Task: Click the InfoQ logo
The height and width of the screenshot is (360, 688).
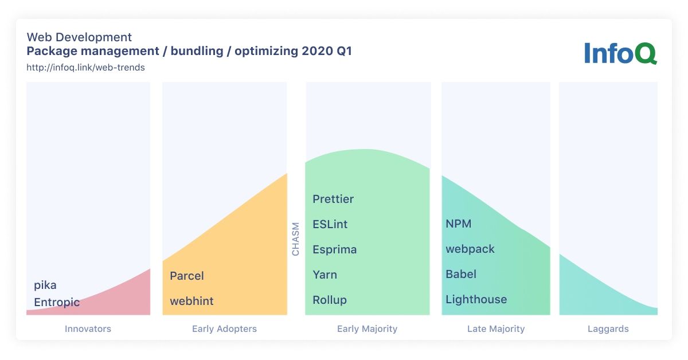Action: coord(620,53)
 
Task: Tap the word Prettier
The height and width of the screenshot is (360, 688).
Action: coord(333,199)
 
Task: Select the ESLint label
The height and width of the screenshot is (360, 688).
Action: coord(330,224)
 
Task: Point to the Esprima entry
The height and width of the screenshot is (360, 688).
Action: coord(334,249)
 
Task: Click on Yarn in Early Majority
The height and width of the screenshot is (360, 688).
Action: coord(325,275)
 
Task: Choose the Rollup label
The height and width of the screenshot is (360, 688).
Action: coord(330,300)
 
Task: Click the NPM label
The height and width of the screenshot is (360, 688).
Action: coord(458,224)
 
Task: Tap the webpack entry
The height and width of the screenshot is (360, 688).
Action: coord(470,249)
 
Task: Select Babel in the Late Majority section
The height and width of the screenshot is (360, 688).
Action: coord(461,274)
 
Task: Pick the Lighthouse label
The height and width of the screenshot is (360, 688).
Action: coord(476,299)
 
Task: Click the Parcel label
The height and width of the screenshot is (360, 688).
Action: coord(187,276)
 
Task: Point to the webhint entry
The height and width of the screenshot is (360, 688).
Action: coord(191,301)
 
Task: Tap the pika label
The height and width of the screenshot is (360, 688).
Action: coord(45,285)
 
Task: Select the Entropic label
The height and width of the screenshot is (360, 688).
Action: coord(57,303)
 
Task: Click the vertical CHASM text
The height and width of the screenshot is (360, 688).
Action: coord(295,239)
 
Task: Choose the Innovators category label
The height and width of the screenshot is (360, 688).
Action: coord(88,328)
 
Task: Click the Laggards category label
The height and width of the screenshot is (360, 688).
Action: coord(608,329)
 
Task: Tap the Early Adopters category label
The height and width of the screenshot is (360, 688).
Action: coord(224,329)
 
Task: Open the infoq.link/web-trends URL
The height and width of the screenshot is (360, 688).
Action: coord(85,67)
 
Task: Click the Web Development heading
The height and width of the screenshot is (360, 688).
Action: coord(79,37)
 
